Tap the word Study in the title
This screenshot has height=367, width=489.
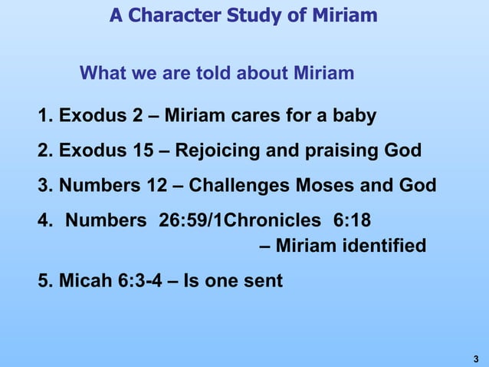250,15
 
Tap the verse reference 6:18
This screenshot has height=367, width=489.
353,221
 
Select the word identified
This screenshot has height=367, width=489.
387,246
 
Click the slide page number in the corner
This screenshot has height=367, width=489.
476,358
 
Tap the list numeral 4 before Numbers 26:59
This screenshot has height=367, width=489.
43,221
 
